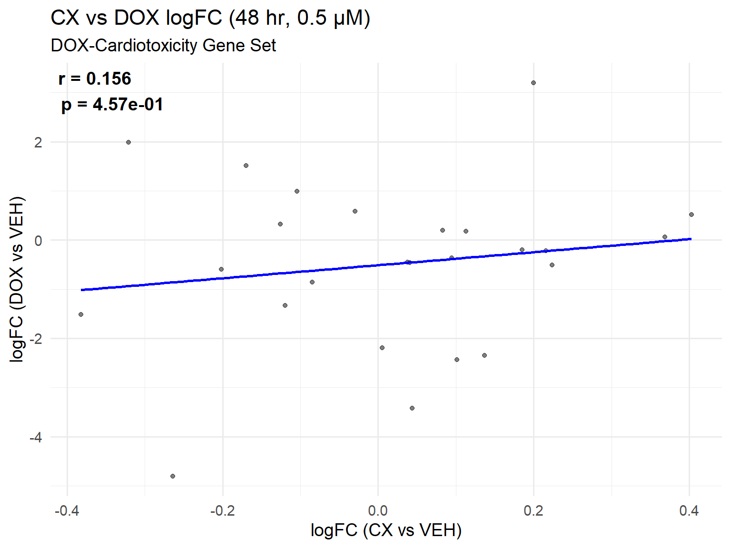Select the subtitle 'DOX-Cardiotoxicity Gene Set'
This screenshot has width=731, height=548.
click(163, 46)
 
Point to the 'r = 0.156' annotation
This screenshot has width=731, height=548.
click(95, 79)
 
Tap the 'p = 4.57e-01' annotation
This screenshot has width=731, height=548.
click(112, 105)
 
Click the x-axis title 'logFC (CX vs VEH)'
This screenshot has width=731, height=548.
click(386, 530)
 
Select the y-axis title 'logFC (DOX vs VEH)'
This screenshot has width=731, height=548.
click(17, 279)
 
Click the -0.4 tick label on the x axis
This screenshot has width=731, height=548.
click(67, 511)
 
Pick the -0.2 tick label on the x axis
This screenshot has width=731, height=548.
click(222, 511)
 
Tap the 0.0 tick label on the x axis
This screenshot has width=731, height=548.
click(378, 511)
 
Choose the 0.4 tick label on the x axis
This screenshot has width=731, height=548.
click(689, 511)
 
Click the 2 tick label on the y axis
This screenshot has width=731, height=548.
click(38, 142)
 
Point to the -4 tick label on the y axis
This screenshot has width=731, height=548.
click(36, 437)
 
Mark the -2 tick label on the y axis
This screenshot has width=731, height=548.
click(36, 339)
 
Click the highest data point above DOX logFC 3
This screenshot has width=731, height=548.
click(533, 83)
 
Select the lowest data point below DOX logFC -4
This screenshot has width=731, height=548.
click(173, 476)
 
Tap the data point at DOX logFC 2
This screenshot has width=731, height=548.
click(128, 142)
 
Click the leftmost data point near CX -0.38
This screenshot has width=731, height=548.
click(81, 314)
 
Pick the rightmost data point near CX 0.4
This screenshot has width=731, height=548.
click(691, 215)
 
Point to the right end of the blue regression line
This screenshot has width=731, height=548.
click(691, 239)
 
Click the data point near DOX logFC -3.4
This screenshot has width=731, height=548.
click(412, 408)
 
